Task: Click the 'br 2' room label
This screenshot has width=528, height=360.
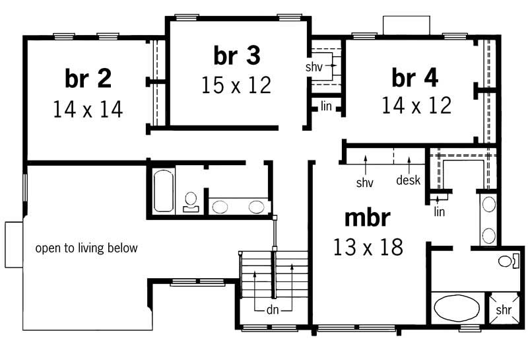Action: tap(88, 78)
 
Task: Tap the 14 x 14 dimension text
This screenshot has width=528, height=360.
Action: tap(88, 108)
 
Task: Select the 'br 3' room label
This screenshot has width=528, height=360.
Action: tap(236, 56)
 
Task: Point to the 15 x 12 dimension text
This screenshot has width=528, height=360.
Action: tap(236, 86)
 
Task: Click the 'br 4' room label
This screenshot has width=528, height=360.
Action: tap(415, 77)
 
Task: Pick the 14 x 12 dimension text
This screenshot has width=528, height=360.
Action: tap(416, 106)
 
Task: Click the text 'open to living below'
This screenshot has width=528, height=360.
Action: tap(86, 248)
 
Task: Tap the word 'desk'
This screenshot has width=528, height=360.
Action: tap(408, 180)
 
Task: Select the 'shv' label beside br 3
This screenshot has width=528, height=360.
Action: tap(313, 67)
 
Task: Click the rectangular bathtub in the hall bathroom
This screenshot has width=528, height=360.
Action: tap(163, 192)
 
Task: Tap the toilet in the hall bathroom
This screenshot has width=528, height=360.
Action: tap(191, 200)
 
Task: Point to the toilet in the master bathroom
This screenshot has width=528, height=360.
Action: tap(507, 261)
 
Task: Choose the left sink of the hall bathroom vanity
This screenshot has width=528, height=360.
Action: tap(220, 207)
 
